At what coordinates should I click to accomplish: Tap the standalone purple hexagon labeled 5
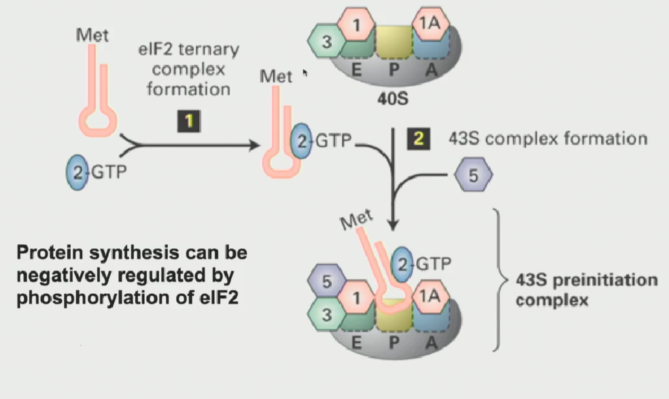(473, 175)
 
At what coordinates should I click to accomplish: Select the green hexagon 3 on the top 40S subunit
(326, 41)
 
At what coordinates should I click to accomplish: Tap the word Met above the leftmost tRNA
(92, 34)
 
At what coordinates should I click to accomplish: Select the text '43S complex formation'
(547, 139)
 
